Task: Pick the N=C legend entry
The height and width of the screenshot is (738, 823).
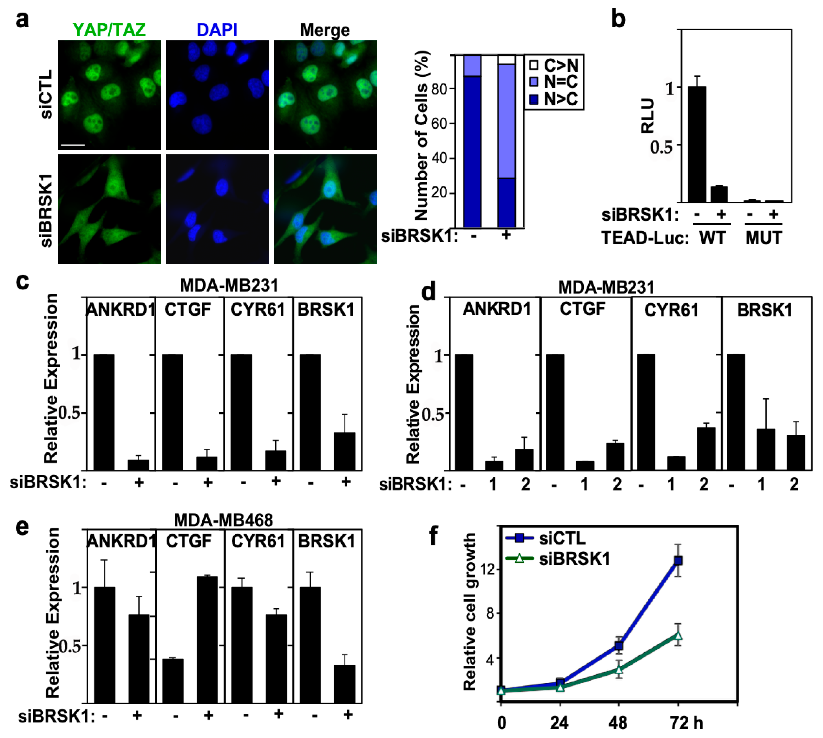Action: pos(553,82)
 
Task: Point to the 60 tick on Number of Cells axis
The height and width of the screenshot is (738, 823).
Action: pos(439,123)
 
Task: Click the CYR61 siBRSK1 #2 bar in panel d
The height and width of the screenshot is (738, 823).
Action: pos(706,448)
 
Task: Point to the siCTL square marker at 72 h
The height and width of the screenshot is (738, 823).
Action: pos(678,561)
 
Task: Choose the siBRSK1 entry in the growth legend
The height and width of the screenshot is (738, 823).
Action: pos(574,559)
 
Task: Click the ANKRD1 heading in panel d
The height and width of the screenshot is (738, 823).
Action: pos(497,309)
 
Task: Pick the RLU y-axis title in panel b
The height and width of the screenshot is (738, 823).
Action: pos(647,115)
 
